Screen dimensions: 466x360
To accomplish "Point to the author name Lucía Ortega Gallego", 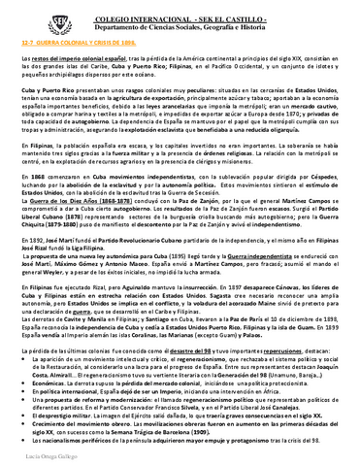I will (x=41, y=455).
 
